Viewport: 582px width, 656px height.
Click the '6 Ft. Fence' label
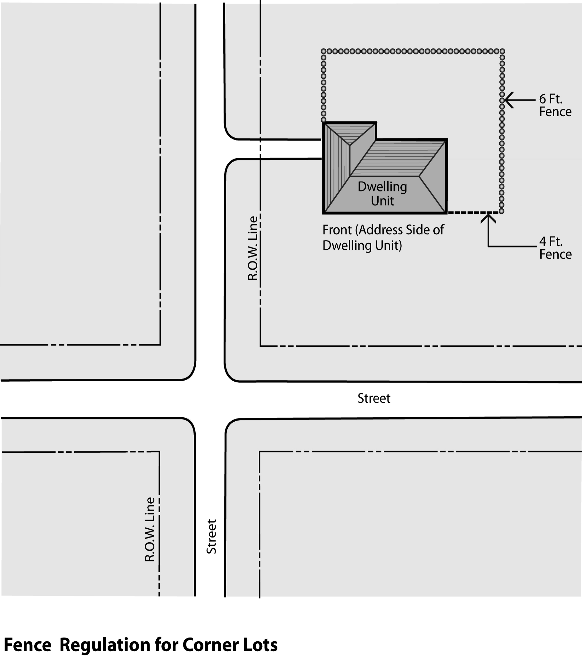point(555,105)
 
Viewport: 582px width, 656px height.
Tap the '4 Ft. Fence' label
point(555,248)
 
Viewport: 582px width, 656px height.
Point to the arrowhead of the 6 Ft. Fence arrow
point(506,100)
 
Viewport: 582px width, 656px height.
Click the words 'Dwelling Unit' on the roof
point(382,193)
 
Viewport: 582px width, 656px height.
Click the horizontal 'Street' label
point(374,399)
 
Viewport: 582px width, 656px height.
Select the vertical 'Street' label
point(211,537)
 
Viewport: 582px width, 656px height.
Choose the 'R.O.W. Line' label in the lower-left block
point(150,530)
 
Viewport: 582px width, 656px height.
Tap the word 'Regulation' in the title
point(104,644)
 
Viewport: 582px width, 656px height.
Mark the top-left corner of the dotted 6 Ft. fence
point(324,51)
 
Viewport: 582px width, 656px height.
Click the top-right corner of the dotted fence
point(502,51)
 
